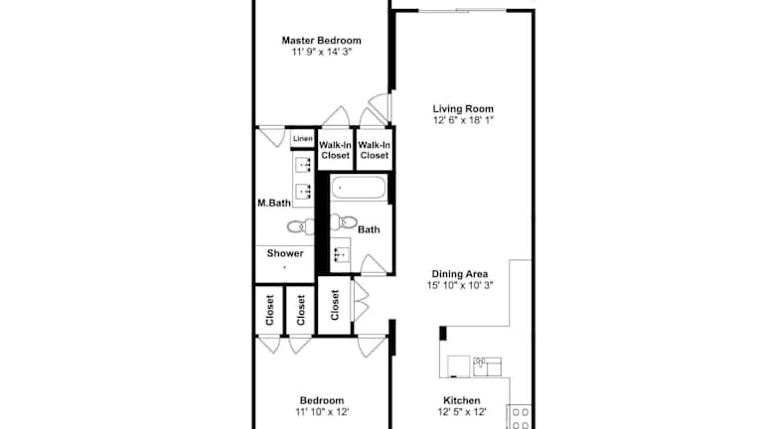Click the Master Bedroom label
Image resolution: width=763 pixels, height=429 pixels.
click(322, 41)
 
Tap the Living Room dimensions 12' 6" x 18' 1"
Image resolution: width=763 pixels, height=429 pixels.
click(463, 120)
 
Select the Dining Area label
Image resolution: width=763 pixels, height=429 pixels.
click(460, 274)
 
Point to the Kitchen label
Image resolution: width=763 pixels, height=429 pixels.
click(462, 400)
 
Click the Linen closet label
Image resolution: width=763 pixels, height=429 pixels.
click(303, 139)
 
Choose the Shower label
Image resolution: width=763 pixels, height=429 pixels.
click(285, 253)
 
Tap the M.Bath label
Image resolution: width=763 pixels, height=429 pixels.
click(274, 203)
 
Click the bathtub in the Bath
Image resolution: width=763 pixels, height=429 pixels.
click(359, 188)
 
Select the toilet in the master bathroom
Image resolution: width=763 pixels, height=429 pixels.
click(301, 226)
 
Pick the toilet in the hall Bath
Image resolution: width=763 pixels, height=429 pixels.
click(344, 221)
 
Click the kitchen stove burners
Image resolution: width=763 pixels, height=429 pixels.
click(520, 417)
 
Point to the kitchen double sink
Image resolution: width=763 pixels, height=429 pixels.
click(487, 366)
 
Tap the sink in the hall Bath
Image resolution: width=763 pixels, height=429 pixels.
click(340, 254)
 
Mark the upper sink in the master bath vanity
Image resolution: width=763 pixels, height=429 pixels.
click(304, 165)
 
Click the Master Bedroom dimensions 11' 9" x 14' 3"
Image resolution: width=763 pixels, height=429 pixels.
click(322, 52)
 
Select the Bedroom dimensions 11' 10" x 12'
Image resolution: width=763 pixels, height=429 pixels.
click(322, 412)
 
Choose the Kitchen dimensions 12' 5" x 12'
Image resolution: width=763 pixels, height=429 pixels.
click(462, 412)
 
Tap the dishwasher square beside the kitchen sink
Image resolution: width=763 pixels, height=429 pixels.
click(458, 366)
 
